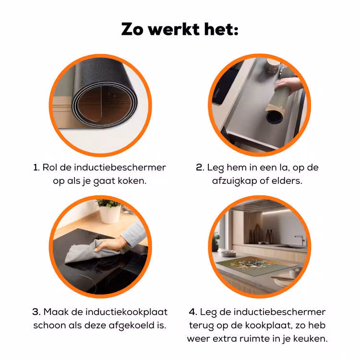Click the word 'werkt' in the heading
[174, 29]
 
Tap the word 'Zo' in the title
[132, 29]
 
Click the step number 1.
[36, 168]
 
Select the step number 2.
[200, 168]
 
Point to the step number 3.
[36, 312]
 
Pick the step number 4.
[192, 312]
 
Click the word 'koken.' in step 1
[132, 181]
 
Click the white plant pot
[110, 214]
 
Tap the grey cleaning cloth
[92, 252]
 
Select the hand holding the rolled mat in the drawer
[289, 85]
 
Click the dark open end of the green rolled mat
[275, 117]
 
